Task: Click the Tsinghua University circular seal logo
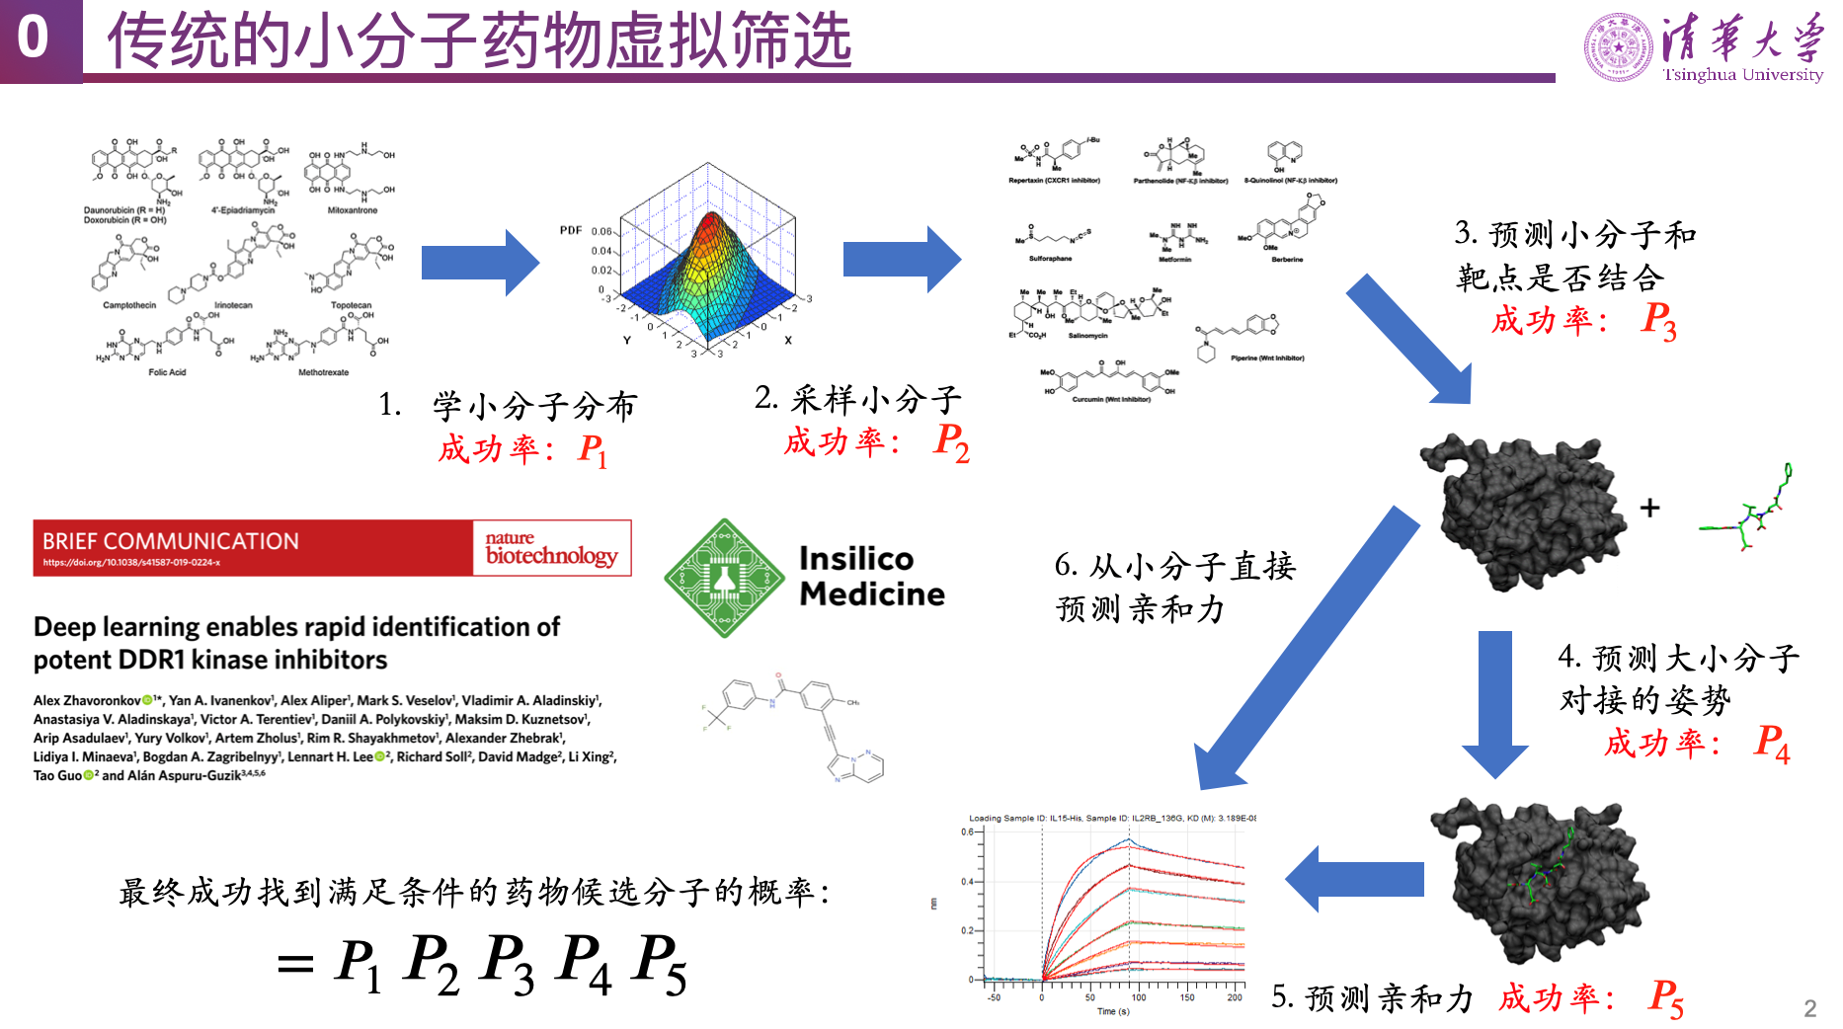1618,46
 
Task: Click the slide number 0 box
34,40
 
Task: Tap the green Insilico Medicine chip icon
724,578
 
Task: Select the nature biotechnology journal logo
551,548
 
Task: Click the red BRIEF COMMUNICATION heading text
171,541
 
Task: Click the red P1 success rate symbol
593,451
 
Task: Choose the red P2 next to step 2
951,441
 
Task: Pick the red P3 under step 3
1658,321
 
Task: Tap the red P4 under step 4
1771,743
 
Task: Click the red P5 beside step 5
1665,997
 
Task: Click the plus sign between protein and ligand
1649,508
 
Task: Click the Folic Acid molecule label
167,372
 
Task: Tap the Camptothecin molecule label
129,305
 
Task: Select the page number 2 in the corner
1809,1008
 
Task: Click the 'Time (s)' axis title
1113,1011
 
